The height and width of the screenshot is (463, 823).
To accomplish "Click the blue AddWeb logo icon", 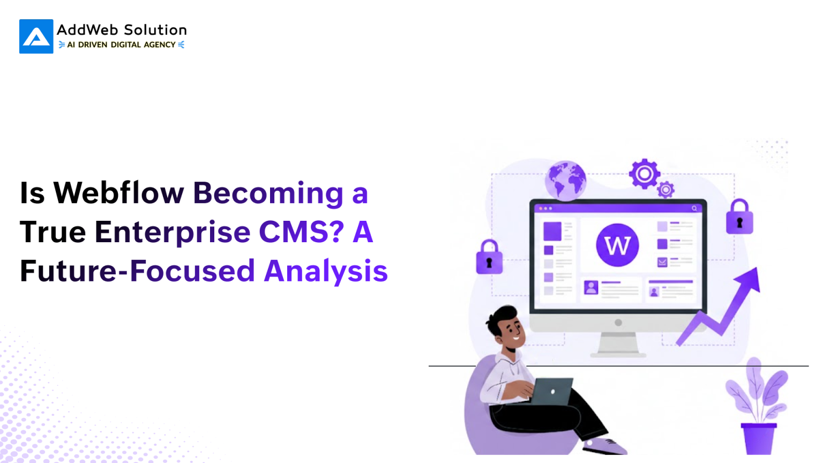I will pos(36,36).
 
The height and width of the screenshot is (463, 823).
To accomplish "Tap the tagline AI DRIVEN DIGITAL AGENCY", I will pos(122,45).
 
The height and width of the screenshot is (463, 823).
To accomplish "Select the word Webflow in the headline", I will pos(118,193).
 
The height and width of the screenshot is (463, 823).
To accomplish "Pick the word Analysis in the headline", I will pos(326,271).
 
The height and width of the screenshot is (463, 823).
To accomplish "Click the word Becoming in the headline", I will pos(268,194).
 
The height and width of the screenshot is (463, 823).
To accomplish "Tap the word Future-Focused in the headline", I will pos(137,271).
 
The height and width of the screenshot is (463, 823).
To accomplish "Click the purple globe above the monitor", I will pos(565,181).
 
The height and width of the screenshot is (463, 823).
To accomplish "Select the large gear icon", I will pos(644,174).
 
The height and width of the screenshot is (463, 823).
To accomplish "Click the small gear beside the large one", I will pos(666,190).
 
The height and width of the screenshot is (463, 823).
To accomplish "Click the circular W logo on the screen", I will pos(617,245).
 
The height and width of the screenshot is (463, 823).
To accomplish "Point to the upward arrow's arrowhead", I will pos(750,278).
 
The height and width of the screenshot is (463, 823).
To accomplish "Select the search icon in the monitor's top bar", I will pos(694,208).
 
